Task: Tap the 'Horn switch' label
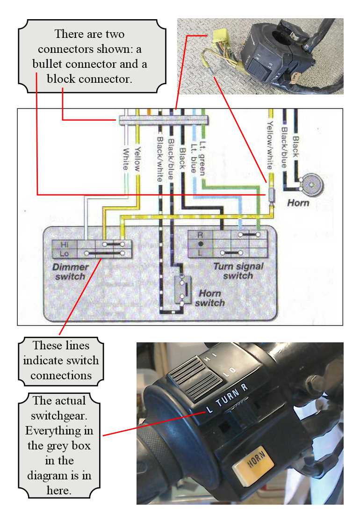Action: [x=210, y=298]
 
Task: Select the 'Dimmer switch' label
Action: [x=71, y=272]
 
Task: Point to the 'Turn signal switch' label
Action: [x=238, y=271]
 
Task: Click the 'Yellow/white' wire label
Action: [x=270, y=145]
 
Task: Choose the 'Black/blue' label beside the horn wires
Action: [x=284, y=147]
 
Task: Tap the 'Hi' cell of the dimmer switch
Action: [x=65, y=245]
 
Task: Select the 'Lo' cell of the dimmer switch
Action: [x=65, y=253]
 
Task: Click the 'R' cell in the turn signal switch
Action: [x=200, y=235]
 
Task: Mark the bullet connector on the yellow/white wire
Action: [x=271, y=195]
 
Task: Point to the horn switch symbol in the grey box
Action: [x=183, y=289]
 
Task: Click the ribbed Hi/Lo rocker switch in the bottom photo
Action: [x=195, y=377]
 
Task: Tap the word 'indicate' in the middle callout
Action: [x=44, y=360]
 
